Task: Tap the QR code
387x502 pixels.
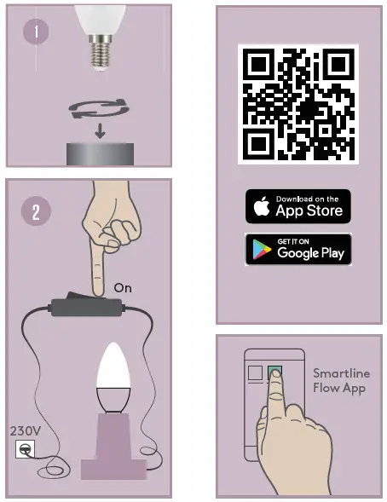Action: (x=298, y=104)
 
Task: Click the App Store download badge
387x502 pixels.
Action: (x=298, y=206)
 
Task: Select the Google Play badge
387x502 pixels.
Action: (x=298, y=248)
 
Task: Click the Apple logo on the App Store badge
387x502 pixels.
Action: (x=262, y=206)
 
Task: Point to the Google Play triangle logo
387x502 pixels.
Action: (x=262, y=249)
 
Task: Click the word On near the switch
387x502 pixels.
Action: (x=123, y=289)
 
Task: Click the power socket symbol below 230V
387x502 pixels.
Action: (x=26, y=449)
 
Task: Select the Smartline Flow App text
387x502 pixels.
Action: (x=339, y=381)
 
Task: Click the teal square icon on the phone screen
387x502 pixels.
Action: (x=274, y=372)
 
